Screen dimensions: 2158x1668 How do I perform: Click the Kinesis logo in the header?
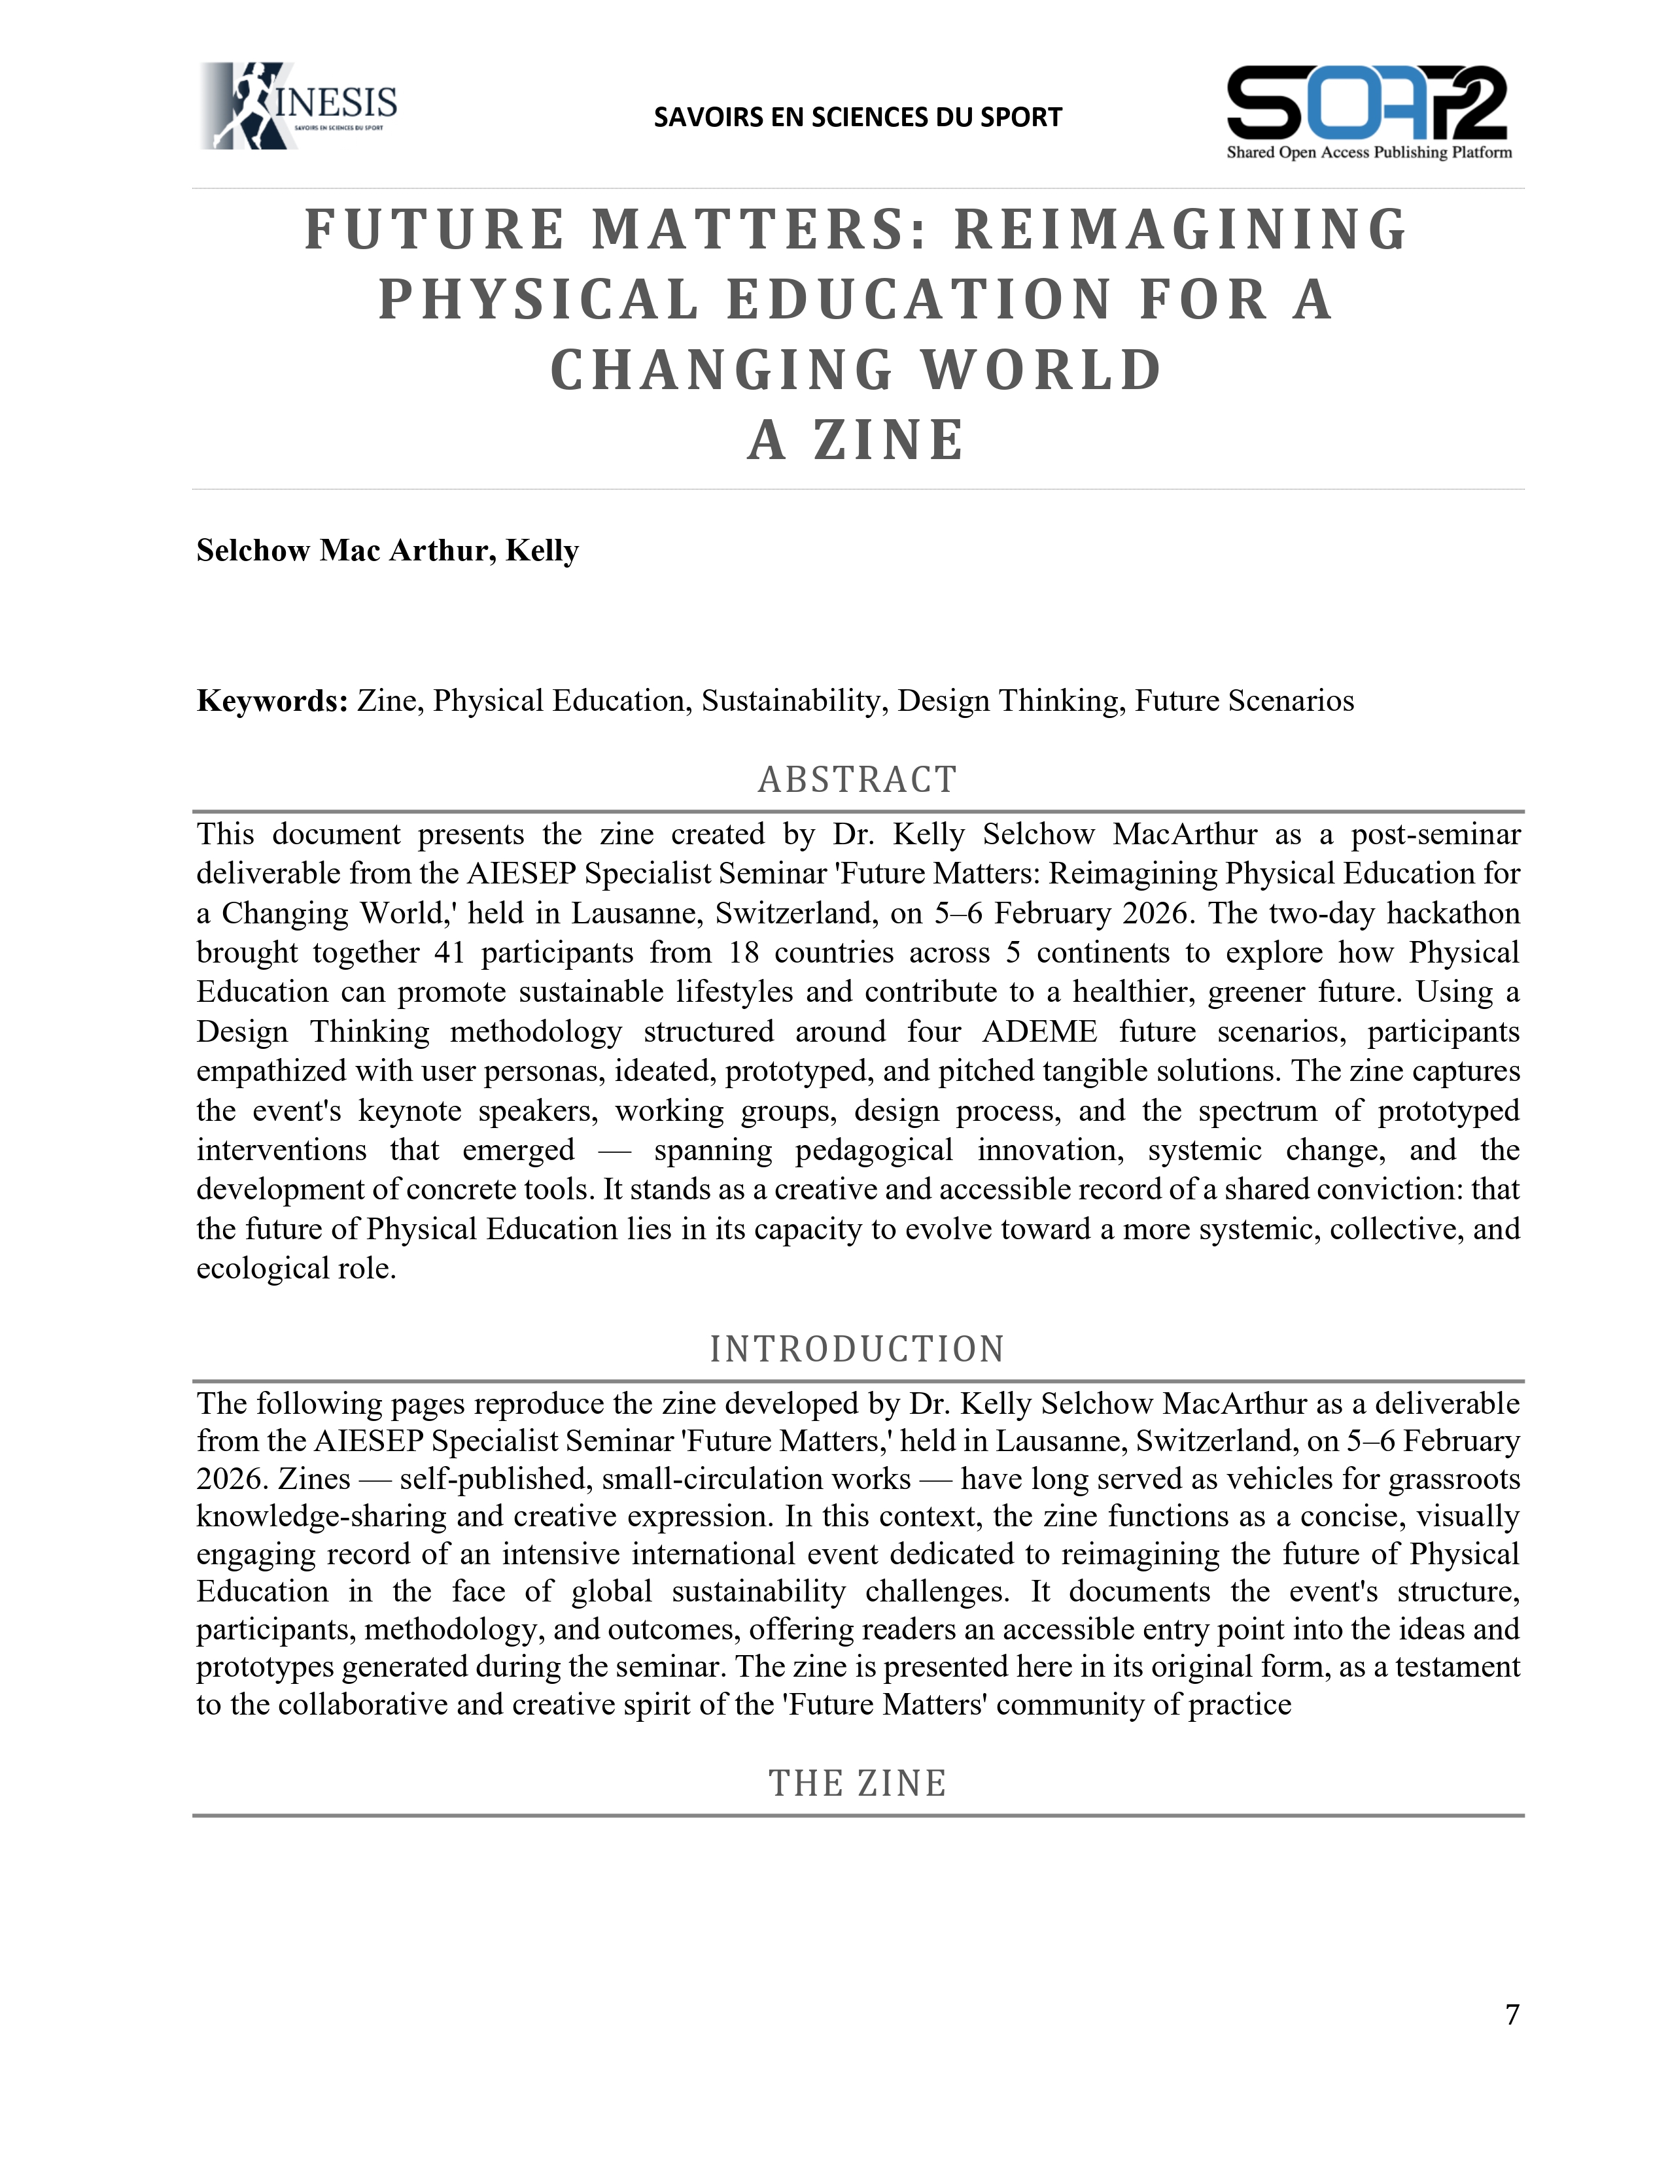(x=298, y=107)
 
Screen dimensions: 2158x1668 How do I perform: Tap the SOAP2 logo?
(x=1368, y=103)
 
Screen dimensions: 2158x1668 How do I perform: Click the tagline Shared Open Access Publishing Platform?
(x=1368, y=152)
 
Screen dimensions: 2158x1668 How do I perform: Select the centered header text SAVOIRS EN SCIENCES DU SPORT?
(x=857, y=118)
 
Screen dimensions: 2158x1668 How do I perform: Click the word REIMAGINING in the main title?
(x=1180, y=230)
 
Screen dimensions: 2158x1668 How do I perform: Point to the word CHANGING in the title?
(x=722, y=371)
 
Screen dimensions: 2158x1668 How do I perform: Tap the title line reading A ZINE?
(x=856, y=441)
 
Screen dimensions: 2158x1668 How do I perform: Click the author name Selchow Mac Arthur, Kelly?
(x=387, y=551)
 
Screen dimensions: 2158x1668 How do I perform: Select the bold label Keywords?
(x=271, y=700)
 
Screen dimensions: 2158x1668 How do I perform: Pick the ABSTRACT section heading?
(x=857, y=779)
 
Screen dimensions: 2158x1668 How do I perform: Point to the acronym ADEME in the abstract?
(x=1039, y=1031)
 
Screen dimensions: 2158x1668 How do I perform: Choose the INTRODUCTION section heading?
(x=857, y=1348)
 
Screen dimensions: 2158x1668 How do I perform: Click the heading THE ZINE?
(x=857, y=1783)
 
